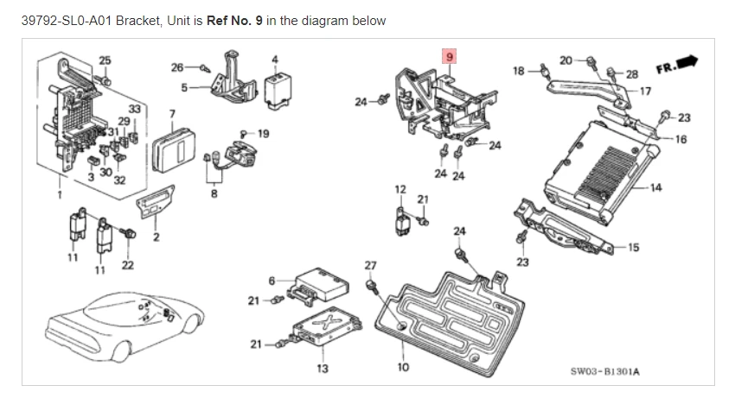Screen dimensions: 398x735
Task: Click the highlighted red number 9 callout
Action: (x=450, y=58)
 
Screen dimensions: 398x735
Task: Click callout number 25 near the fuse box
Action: (x=105, y=60)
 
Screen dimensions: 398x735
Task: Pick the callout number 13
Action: (x=323, y=369)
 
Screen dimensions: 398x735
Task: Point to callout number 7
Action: (x=172, y=114)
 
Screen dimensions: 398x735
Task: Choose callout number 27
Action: (x=370, y=265)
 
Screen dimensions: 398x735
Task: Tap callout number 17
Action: (x=644, y=90)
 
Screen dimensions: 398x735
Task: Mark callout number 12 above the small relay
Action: (x=399, y=188)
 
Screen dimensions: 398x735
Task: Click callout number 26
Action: (x=176, y=66)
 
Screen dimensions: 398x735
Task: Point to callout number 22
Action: (x=127, y=264)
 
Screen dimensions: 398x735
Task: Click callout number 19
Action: (x=263, y=133)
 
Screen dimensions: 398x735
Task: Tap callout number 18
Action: (x=518, y=70)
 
